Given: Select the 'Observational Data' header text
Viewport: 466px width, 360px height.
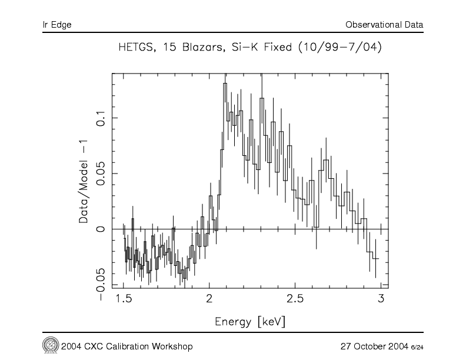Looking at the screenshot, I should [x=384, y=25].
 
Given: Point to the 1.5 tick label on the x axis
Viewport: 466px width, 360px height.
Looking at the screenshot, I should [x=124, y=299].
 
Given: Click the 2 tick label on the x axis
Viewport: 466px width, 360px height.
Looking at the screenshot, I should [x=209, y=299].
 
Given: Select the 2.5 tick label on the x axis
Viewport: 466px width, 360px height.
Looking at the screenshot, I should [x=295, y=299].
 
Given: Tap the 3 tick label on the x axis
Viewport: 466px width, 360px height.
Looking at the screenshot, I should [x=381, y=299].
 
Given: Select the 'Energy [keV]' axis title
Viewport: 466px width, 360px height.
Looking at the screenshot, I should [x=251, y=322].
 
